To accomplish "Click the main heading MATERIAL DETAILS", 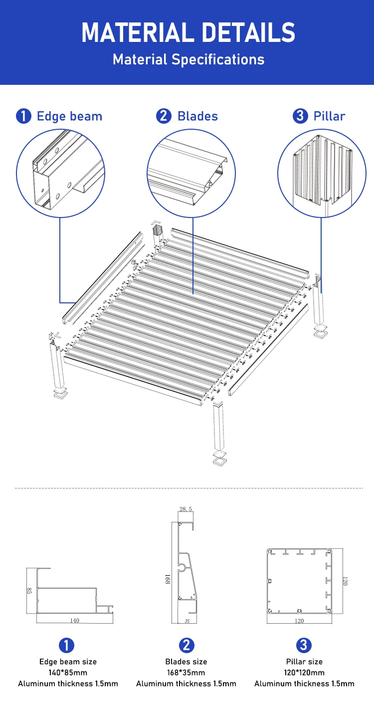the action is (188, 32).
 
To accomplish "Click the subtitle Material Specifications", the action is (188, 59).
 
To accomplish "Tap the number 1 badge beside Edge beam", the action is (23, 116).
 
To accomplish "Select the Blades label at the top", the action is (197, 116).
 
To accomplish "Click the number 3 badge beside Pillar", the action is (300, 116).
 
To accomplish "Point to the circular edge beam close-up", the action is (61, 174).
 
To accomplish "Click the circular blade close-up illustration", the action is (191, 174).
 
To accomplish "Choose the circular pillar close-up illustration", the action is (322, 174).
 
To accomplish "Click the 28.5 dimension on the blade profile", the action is (186, 509).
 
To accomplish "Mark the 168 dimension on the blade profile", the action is (168, 579).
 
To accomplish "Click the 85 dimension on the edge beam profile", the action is (29, 591).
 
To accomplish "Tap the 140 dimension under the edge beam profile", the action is (74, 620).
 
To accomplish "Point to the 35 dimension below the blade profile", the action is (187, 621).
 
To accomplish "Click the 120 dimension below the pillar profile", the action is (299, 621).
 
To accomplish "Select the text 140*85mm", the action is (68, 673).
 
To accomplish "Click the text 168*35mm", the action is (186, 673).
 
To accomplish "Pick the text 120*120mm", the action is (304, 673).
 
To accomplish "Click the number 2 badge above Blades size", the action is (187, 645).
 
